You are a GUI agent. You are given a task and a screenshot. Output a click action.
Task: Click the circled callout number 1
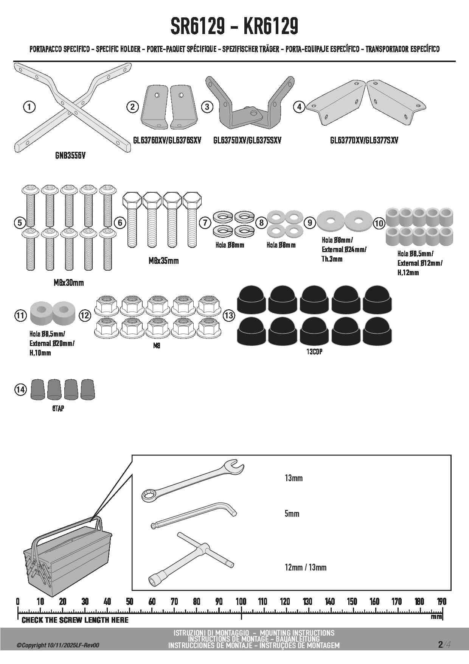(29, 107)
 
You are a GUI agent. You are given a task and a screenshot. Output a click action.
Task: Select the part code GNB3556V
(70, 156)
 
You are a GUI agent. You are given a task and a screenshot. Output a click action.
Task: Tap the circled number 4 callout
(299, 107)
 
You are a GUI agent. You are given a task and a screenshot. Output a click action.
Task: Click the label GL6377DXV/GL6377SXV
(364, 140)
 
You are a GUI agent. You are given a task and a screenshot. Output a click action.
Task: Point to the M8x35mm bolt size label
(163, 261)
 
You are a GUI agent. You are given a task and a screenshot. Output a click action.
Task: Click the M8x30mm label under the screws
(68, 283)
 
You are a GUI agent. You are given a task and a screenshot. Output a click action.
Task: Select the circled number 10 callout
(379, 223)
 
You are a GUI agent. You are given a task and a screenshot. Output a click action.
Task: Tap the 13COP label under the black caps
(314, 352)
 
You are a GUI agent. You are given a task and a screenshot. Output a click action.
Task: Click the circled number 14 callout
(20, 389)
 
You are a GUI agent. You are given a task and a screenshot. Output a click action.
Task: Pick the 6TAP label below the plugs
(58, 409)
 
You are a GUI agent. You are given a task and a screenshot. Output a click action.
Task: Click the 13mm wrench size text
(294, 478)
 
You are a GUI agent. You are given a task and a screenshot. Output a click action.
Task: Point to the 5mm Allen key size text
(292, 514)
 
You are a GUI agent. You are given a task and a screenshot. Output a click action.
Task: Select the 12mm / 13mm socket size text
(306, 567)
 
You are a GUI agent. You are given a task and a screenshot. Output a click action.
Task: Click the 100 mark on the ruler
(241, 602)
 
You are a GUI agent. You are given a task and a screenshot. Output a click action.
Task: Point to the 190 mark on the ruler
(441, 602)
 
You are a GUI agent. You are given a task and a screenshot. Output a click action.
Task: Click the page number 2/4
(444, 644)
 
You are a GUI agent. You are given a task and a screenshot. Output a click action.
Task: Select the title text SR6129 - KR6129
(234, 26)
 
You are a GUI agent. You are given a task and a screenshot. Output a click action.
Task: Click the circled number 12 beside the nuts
(85, 315)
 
